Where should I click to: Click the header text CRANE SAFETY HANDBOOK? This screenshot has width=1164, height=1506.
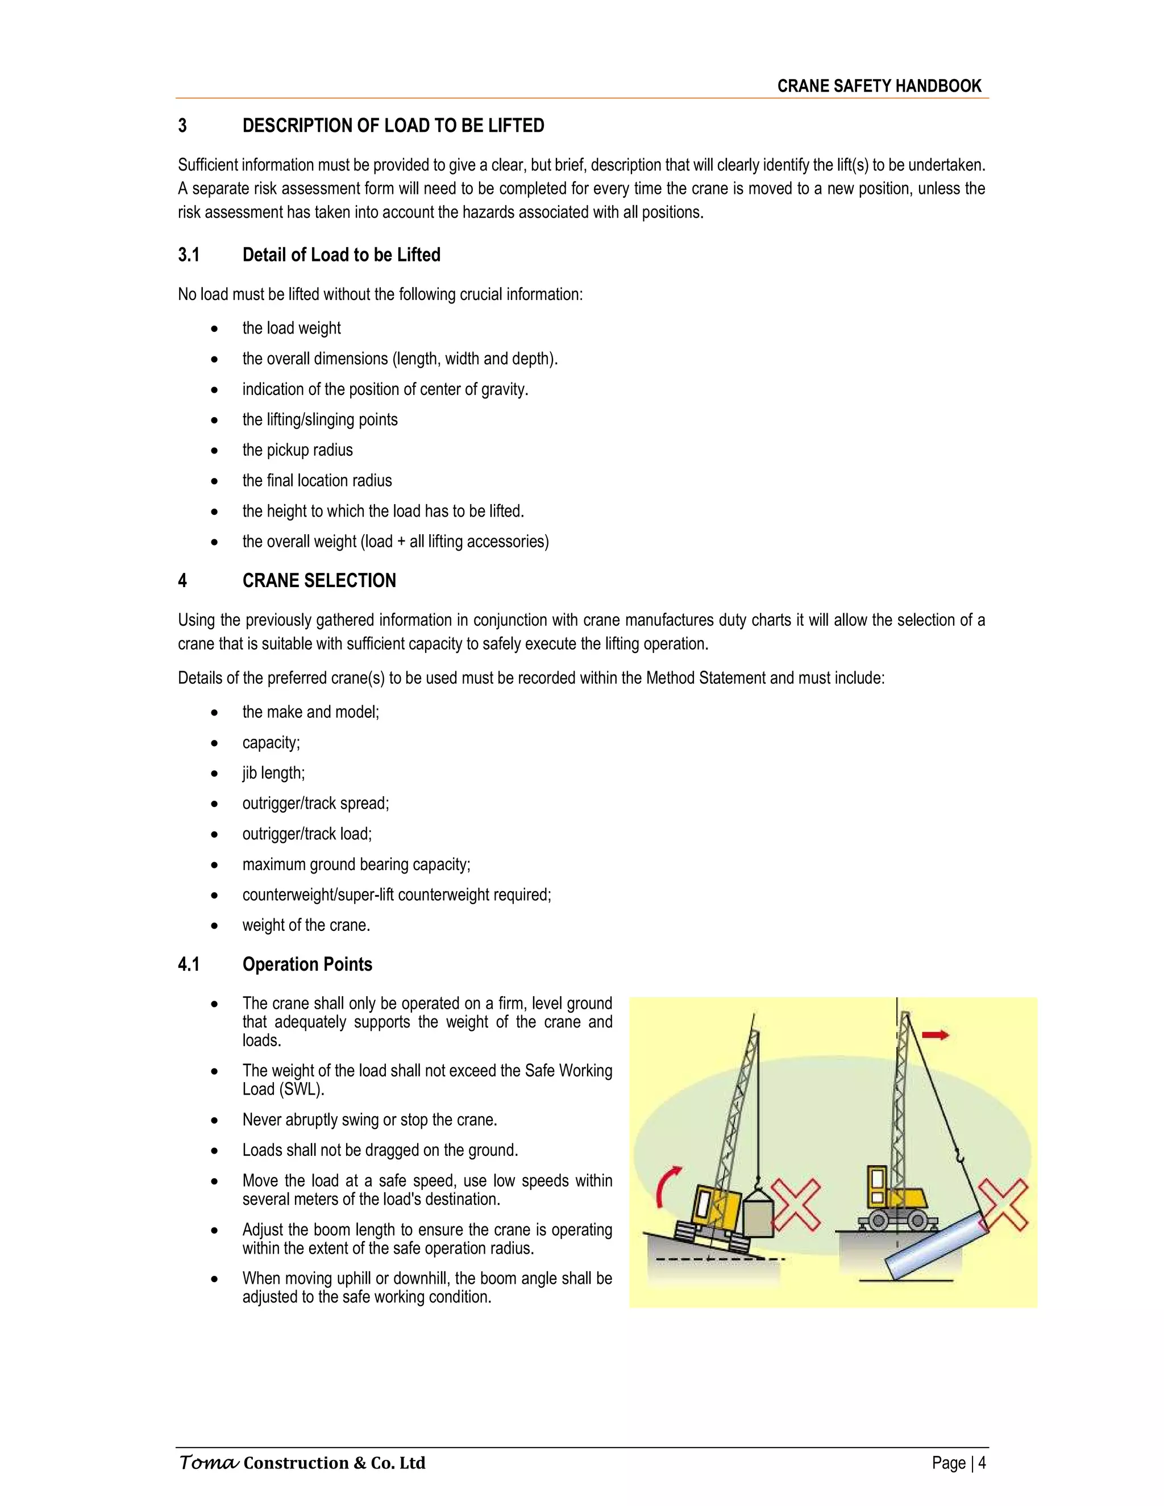click(x=879, y=86)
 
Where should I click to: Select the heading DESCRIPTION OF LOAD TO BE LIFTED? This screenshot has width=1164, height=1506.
click(x=393, y=126)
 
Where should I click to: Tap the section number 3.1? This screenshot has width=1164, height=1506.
click(x=188, y=255)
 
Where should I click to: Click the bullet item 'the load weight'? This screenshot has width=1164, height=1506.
click(x=291, y=328)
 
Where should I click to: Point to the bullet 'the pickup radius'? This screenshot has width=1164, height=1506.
click(x=297, y=450)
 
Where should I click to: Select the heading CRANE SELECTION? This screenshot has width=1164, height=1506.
click(x=319, y=581)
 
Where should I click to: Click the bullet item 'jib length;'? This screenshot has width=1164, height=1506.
click(x=273, y=773)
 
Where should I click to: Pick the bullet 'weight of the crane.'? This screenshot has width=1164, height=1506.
click(x=306, y=925)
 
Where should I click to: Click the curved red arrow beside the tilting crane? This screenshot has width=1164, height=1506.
click(x=667, y=1187)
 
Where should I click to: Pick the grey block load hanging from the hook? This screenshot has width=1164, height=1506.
click(x=757, y=1218)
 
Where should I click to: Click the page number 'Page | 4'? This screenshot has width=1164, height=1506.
click(x=958, y=1463)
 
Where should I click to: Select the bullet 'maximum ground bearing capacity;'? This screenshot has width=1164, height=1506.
click(x=356, y=865)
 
